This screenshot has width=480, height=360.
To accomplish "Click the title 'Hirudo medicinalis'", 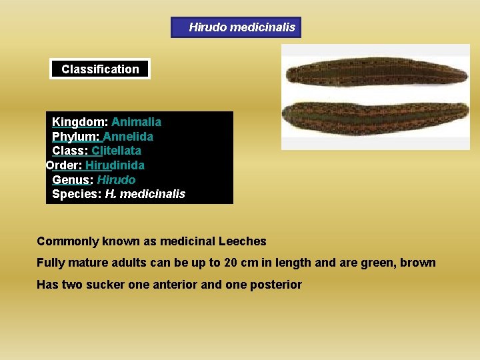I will (x=241, y=27).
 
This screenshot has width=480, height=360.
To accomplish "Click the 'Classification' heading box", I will (x=100, y=69).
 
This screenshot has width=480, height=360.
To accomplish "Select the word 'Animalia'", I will (x=136, y=122).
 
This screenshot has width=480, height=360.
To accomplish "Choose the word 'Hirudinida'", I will (x=115, y=165).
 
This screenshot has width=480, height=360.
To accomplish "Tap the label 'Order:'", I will (x=63, y=165).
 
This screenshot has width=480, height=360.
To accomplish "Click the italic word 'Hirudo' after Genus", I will (x=116, y=180).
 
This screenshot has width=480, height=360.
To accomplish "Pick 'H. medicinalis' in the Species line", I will (x=145, y=194).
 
